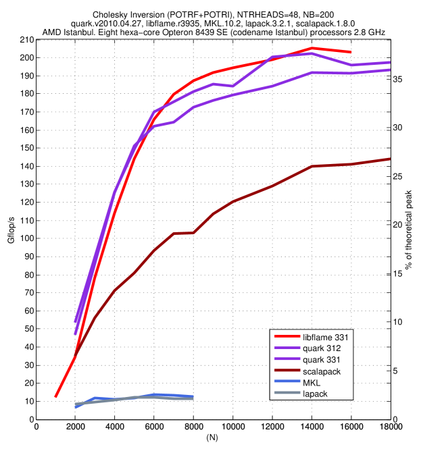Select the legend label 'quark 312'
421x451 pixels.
pyautogui.click(x=322, y=348)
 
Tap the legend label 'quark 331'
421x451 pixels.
pyautogui.click(x=322, y=359)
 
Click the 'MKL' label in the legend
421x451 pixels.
pyautogui.click(x=312, y=382)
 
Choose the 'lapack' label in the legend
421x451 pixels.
pyautogui.click(x=315, y=394)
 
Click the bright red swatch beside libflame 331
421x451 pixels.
pyautogui.click(x=287, y=336)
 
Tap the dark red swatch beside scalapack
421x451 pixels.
pyautogui.click(x=287, y=371)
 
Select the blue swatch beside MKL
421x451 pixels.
pyautogui.click(x=287, y=382)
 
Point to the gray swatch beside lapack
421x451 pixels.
pyautogui.click(x=287, y=394)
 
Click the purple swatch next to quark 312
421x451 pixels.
pyautogui.click(x=287, y=348)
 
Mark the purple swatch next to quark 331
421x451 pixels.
pyautogui.click(x=287, y=359)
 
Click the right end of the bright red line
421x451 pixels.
pyautogui.click(x=351, y=52)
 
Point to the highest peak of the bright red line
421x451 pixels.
pyautogui.click(x=312, y=48)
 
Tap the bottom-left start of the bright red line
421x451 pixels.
pyautogui.click(x=55, y=397)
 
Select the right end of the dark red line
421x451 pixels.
pyautogui.click(x=390, y=159)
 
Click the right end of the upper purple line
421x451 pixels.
pyautogui.click(x=390, y=62)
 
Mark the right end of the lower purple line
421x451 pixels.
pyautogui.click(x=390, y=70)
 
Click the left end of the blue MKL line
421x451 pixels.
pyautogui.click(x=75, y=407)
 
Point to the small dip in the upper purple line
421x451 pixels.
pyautogui.click(x=233, y=86)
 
